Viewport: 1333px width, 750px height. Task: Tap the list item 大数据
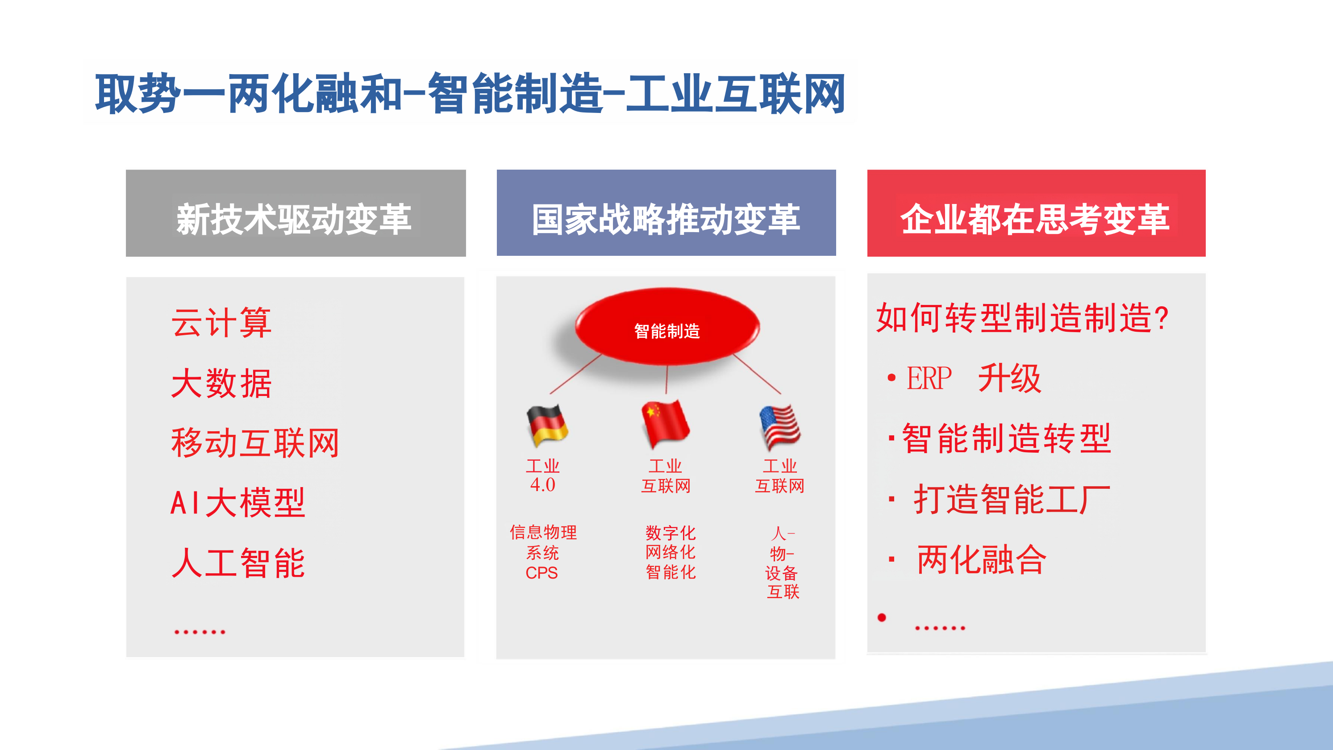(221, 383)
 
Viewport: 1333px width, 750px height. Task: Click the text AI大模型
(238, 503)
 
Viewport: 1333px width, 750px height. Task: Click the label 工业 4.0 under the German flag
(542, 475)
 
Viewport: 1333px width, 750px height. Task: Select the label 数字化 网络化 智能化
(670, 552)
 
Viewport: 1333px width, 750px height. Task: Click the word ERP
(929, 379)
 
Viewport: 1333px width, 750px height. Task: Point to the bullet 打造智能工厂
(1012, 499)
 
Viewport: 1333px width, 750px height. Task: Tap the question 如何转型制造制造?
(1022, 317)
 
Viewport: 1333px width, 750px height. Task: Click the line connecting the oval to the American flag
(757, 374)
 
